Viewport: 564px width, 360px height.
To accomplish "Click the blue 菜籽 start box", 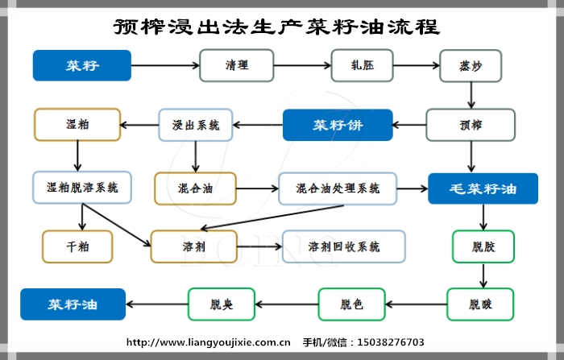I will [81, 65].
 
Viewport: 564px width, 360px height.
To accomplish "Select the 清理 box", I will [237, 65].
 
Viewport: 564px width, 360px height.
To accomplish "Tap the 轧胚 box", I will [361, 65].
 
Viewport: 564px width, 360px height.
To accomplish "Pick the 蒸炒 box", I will [471, 65].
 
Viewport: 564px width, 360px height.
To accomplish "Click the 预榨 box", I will [471, 125].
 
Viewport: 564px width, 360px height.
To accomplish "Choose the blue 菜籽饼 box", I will [337, 125].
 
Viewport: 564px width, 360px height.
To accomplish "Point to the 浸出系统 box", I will [196, 125].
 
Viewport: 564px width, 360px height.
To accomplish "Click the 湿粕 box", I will [77, 125].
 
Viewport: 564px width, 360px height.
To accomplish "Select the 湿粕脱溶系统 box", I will [77, 188].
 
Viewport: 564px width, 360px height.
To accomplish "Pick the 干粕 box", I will [77, 246].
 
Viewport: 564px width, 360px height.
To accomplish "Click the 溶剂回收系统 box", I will [344, 246].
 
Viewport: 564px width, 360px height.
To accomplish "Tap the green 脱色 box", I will [351, 304].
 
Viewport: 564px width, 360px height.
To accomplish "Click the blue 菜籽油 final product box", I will [73, 304].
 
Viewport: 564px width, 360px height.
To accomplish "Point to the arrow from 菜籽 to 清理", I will [165, 65].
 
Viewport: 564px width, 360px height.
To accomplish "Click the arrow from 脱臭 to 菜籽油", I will [157, 304].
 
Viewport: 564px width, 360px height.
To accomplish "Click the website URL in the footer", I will [209, 341].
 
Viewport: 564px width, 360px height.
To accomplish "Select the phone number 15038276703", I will [395, 341].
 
